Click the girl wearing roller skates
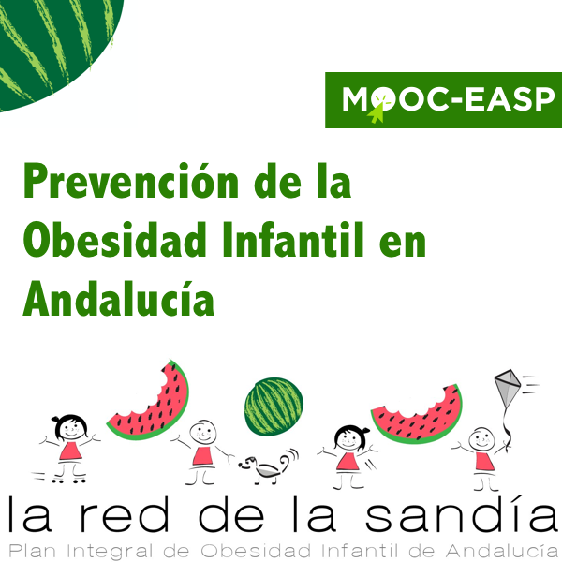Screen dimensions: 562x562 click(x=67, y=444)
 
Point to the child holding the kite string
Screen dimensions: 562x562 click(x=481, y=450)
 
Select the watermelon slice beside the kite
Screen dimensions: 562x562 click(x=418, y=414)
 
